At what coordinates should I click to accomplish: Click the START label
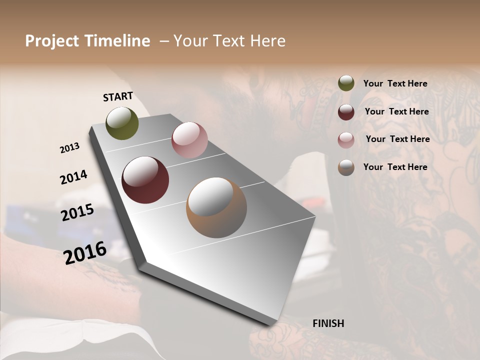pyautogui.click(x=118, y=96)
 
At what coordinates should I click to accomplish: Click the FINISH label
pyautogui.click(x=328, y=323)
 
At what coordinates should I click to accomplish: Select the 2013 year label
pyautogui.click(x=69, y=147)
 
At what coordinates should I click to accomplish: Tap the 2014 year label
pyautogui.click(x=73, y=177)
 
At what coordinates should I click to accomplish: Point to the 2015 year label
pyautogui.click(x=77, y=212)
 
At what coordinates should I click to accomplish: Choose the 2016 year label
pyautogui.click(x=85, y=252)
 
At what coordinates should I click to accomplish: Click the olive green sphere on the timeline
pyautogui.click(x=122, y=123)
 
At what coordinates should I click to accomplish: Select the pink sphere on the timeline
pyautogui.click(x=189, y=140)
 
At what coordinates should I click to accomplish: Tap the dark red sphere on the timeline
pyautogui.click(x=145, y=180)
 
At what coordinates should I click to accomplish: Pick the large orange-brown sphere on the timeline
pyautogui.click(x=216, y=207)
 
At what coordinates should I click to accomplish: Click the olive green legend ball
pyautogui.click(x=346, y=83)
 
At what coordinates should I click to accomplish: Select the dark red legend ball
pyautogui.click(x=346, y=111)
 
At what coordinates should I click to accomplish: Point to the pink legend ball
pyautogui.click(x=346, y=139)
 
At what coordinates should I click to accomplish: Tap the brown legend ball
pyautogui.click(x=346, y=167)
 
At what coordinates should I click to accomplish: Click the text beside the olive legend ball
pyautogui.click(x=395, y=83)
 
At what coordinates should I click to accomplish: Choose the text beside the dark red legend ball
pyautogui.click(x=396, y=111)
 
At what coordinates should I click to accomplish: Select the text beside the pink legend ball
pyautogui.click(x=397, y=139)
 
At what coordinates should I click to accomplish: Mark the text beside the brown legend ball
pyautogui.click(x=395, y=167)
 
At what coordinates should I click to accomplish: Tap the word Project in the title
pyautogui.click(x=52, y=41)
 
